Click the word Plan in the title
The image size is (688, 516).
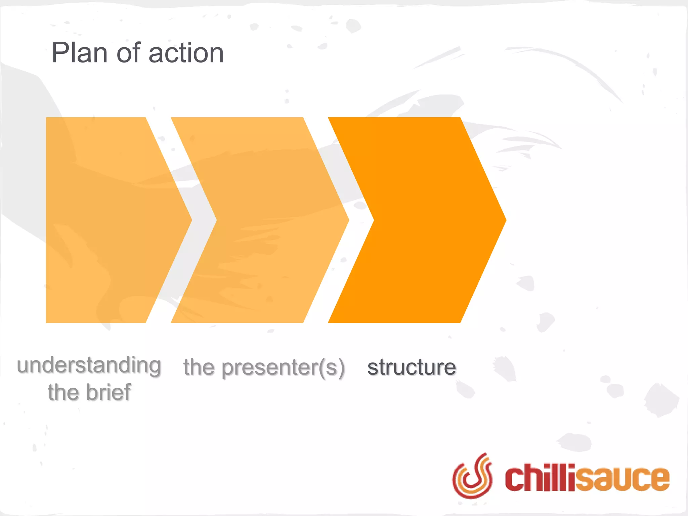79,53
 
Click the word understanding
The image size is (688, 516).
89,365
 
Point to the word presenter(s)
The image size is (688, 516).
283,368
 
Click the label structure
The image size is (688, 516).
412,367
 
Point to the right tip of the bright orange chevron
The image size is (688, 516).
505,220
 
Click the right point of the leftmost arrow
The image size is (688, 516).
191,220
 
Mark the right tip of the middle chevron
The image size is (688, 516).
348,220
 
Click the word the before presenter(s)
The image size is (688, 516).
199,367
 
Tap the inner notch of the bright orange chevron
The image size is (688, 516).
374,220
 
